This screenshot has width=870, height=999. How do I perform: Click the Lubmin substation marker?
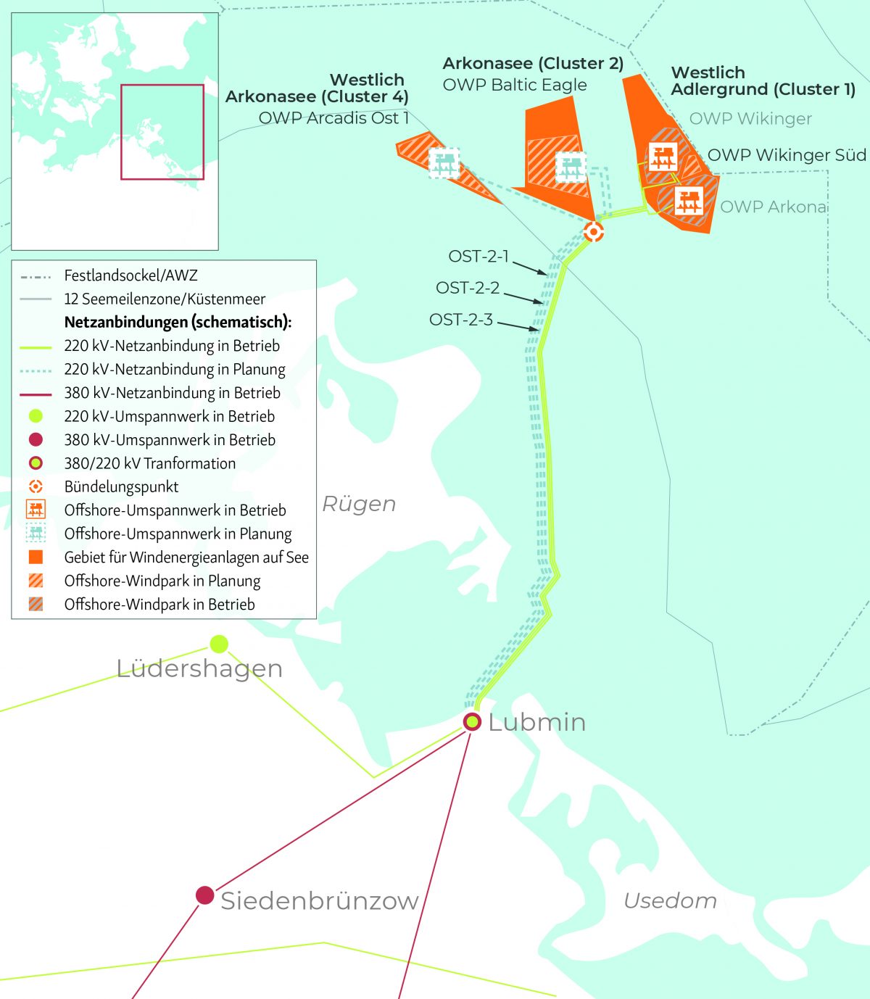click(x=472, y=721)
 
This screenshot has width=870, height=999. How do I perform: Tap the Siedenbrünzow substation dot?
click(x=205, y=895)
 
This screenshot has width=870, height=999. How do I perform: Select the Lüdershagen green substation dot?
click(x=219, y=644)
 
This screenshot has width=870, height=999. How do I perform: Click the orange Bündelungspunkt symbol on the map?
click(x=594, y=232)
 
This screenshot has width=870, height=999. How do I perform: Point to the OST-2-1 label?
click(x=478, y=257)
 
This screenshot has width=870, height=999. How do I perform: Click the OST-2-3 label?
click(x=461, y=320)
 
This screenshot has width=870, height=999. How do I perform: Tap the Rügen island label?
click(x=359, y=504)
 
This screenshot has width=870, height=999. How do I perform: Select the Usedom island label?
click(x=670, y=900)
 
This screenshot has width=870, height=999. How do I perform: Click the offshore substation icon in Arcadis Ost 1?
click(x=444, y=162)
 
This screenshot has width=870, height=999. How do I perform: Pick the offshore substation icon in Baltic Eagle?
click(x=571, y=167)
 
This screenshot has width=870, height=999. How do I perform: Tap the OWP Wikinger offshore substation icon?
click(x=663, y=157)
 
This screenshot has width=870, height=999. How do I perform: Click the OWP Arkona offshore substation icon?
click(x=689, y=199)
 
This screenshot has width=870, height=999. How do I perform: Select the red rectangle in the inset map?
click(x=162, y=132)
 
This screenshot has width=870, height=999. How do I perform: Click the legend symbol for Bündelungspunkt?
click(x=36, y=486)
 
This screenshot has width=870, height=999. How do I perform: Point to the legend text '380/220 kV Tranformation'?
click(x=149, y=463)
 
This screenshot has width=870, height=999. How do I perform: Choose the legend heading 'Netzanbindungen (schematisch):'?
click(x=178, y=322)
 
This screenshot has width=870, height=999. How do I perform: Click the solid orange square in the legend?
click(x=36, y=557)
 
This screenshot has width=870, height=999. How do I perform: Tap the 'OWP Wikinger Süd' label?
click(x=786, y=155)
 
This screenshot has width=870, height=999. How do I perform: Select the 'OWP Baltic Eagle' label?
click(x=515, y=85)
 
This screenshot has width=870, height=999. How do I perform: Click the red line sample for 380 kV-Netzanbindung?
click(x=36, y=394)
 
